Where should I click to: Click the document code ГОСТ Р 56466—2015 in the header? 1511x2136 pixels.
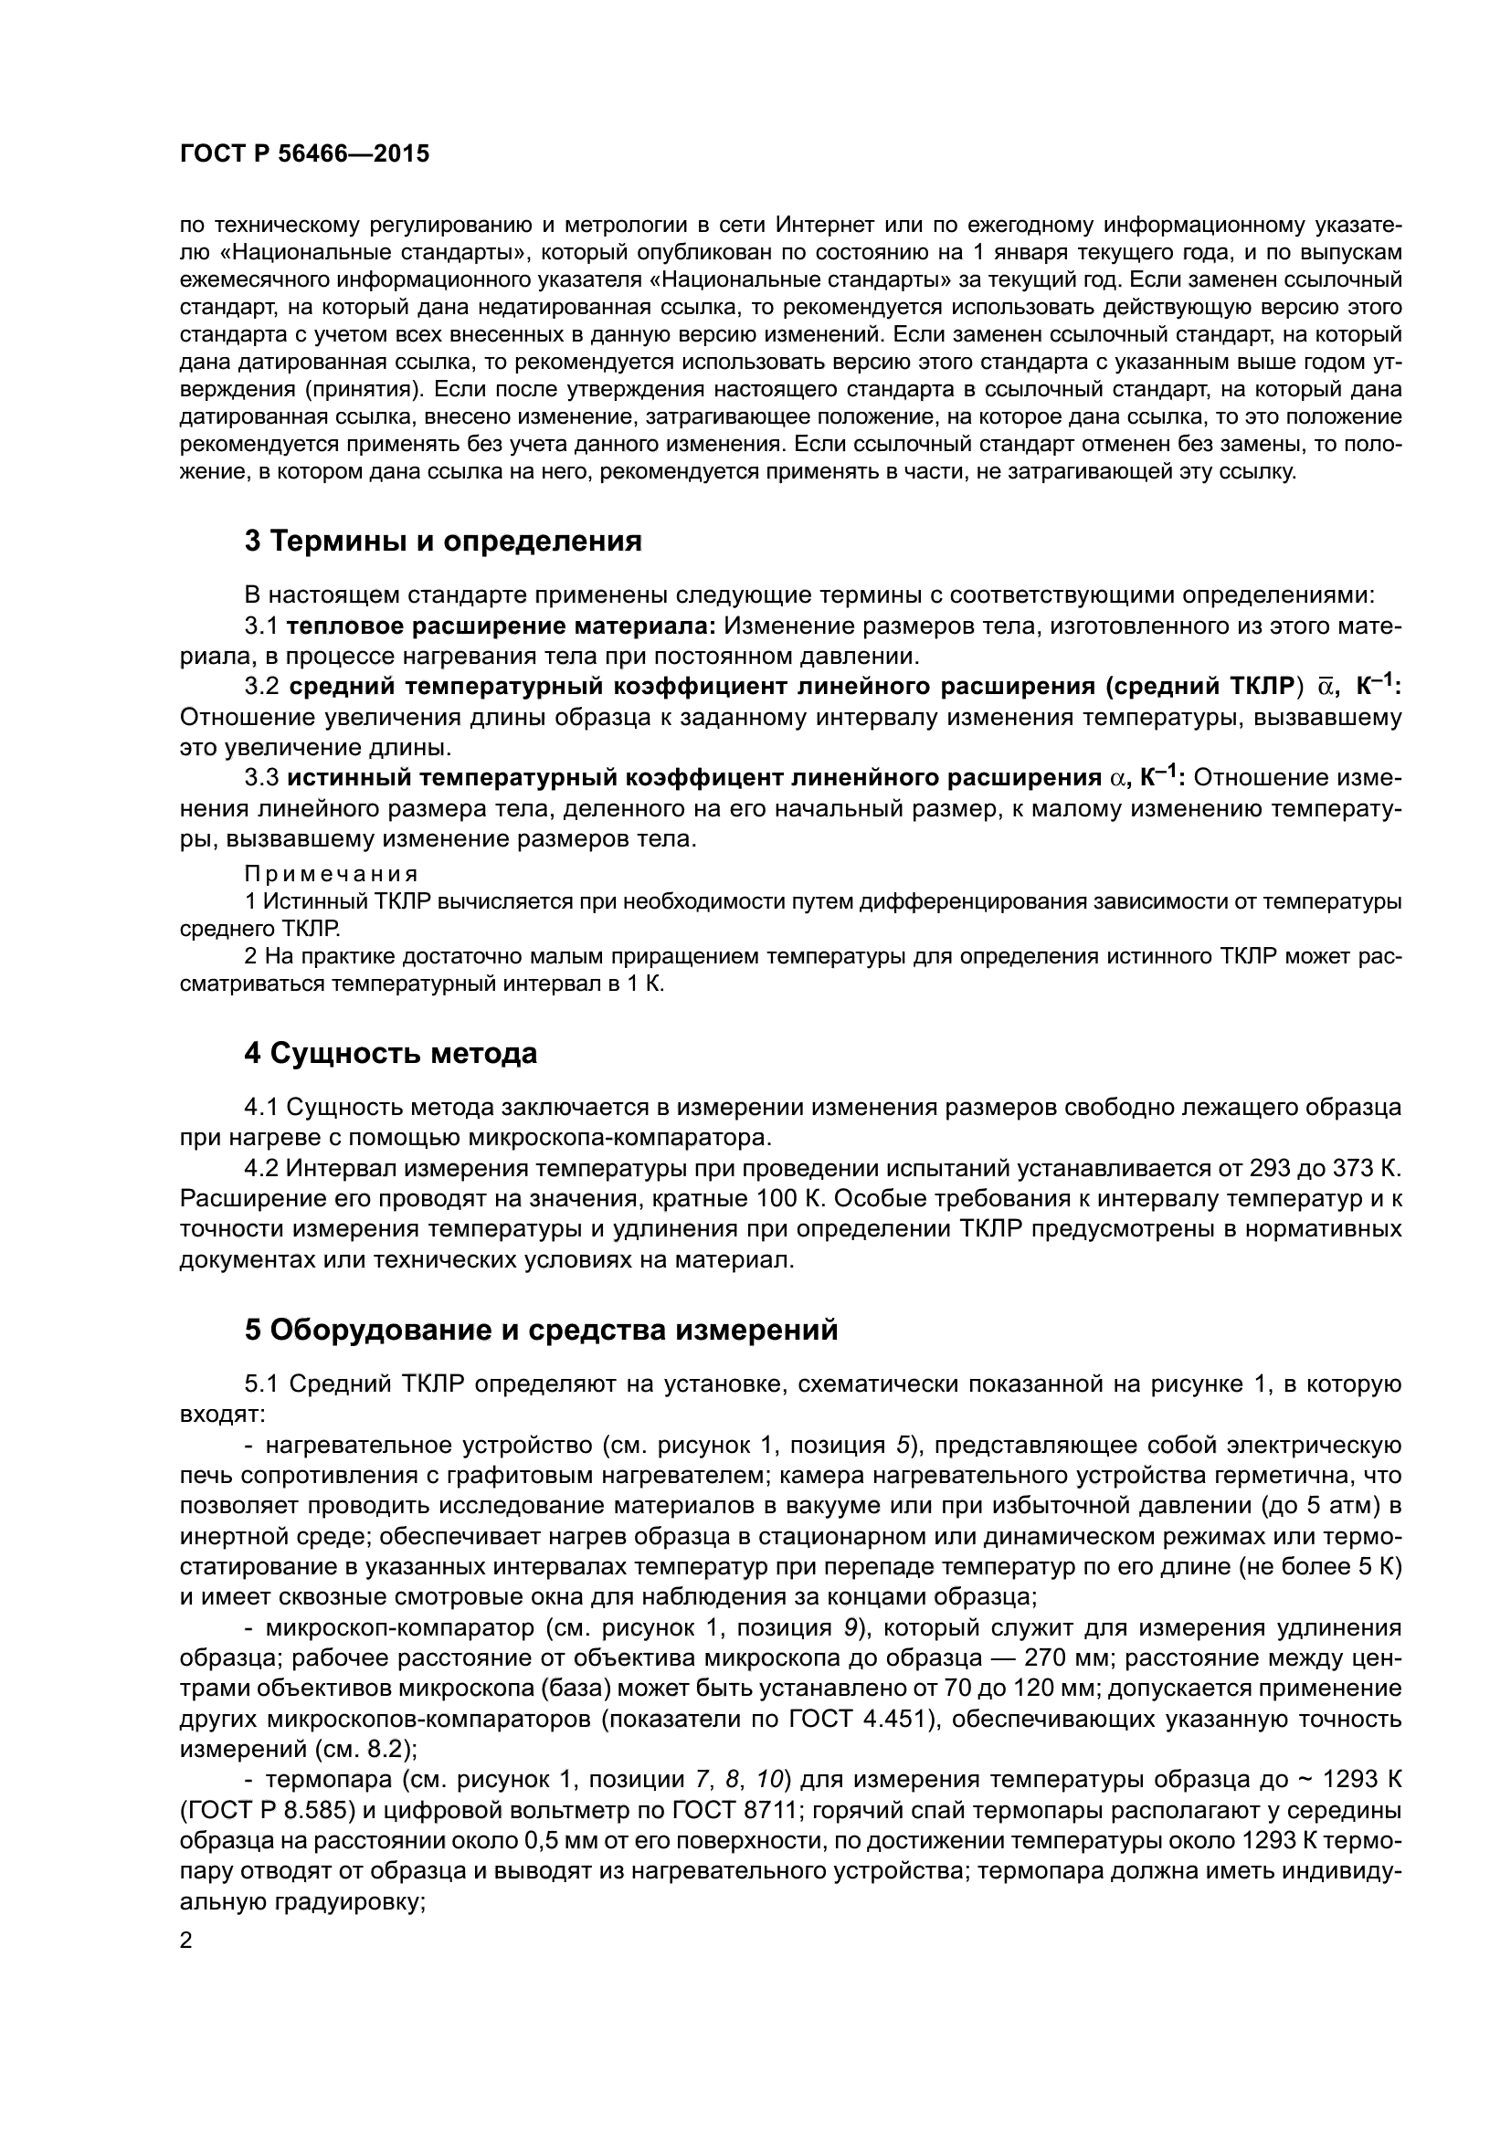[x=304, y=154]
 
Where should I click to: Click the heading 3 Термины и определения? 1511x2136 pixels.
[x=443, y=542]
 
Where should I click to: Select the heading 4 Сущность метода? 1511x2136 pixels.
[x=391, y=1054]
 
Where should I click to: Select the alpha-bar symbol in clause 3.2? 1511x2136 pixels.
[x=1324, y=688]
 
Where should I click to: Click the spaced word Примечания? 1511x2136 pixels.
[x=331, y=875]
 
